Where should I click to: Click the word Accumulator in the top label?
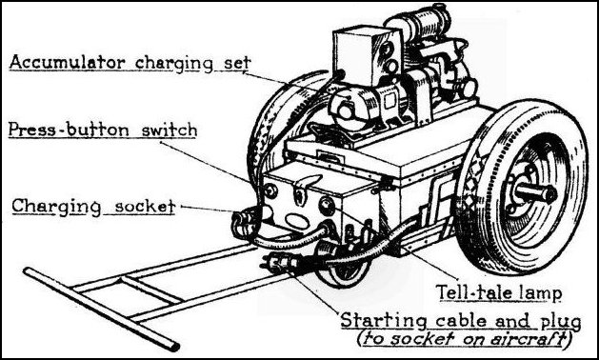coord(68,62)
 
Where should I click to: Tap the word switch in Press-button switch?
coord(170,130)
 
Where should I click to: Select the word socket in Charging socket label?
coord(145,207)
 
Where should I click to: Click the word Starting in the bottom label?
coord(377,320)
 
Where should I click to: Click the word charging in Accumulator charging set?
coord(173,64)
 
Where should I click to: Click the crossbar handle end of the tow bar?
coord(101,309)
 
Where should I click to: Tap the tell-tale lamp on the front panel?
coord(326,207)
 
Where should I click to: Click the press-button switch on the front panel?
coord(270,190)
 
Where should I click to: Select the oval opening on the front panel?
coord(297,221)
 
